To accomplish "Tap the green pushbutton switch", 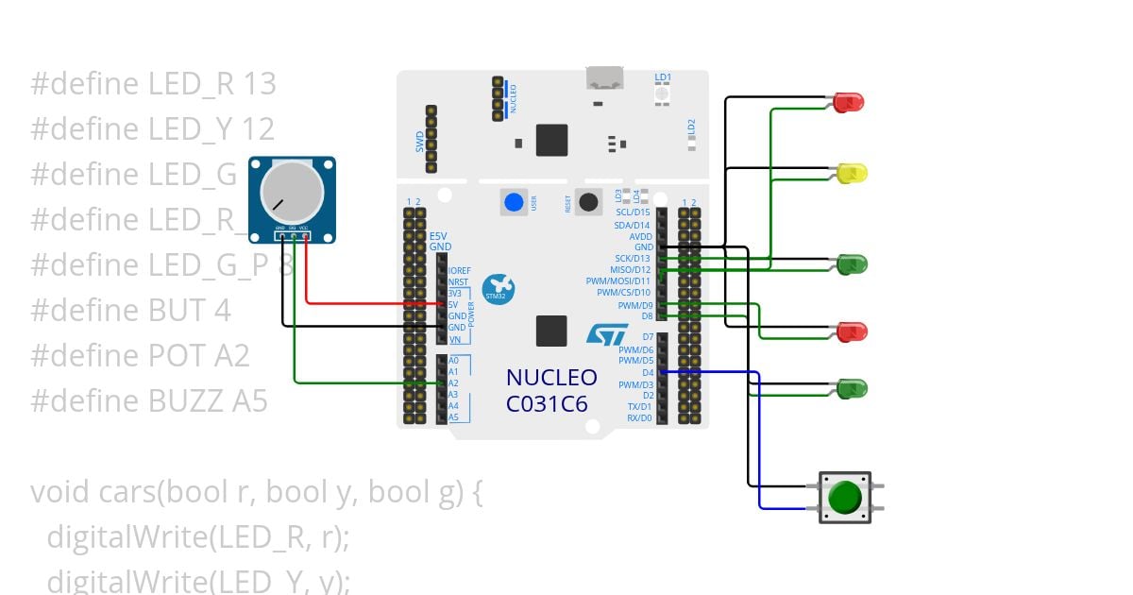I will pyautogui.click(x=844, y=497).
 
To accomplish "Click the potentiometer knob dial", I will pyautogui.click(x=292, y=191).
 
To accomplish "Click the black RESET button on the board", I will pyautogui.click(x=590, y=201).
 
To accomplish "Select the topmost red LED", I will pyautogui.click(x=850, y=102).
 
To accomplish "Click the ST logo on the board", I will pyautogui.click(x=607, y=334).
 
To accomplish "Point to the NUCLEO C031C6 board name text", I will pyautogui.click(x=551, y=390).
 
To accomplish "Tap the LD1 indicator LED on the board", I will pyautogui.click(x=662, y=93).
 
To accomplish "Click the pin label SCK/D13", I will pyautogui.click(x=632, y=259).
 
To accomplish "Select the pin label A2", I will pyautogui.click(x=453, y=383).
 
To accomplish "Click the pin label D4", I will pyautogui.click(x=647, y=373).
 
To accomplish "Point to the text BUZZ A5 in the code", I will pyautogui.click(x=208, y=401).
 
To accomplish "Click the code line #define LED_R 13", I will pyautogui.click(x=153, y=84).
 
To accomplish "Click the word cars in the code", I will pyautogui.click(x=131, y=492).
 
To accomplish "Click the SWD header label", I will pyautogui.click(x=420, y=143).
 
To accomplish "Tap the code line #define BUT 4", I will pyautogui.click(x=130, y=311).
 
